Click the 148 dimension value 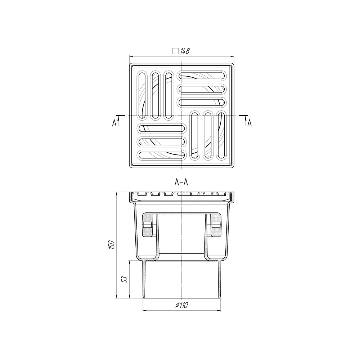(185, 51)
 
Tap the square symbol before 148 (175, 51)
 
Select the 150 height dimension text (112, 245)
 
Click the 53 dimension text (125, 279)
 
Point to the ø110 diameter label (181, 305)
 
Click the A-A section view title (181, 182)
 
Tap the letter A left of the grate (114, 123)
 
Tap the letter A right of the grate (249, 123)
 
